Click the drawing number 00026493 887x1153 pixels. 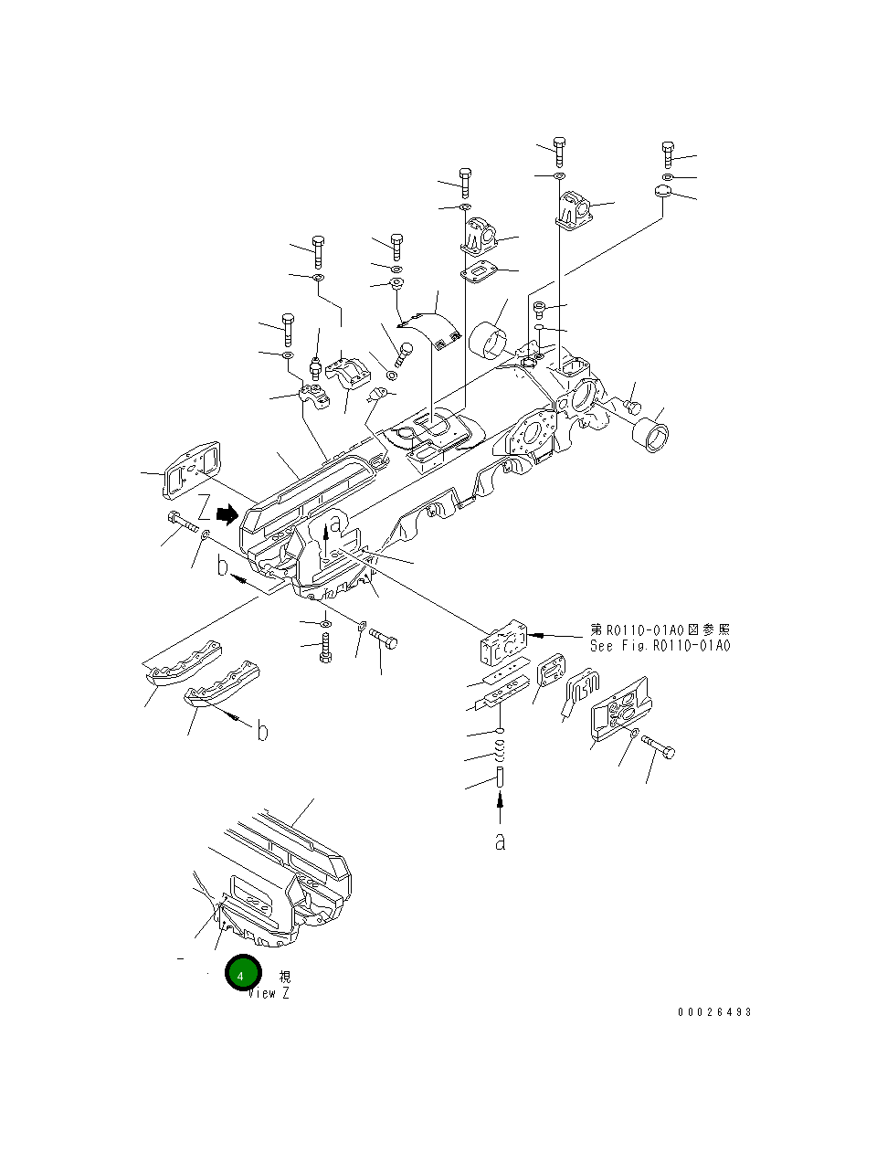tap(714, 1012)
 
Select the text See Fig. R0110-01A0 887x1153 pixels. tap(660, 646)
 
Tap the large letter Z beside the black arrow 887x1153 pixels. tap(206, 508)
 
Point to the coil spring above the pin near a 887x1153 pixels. tap(500, 753)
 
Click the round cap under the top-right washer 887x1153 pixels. tap(664, 192)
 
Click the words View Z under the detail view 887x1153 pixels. tap(269, 993)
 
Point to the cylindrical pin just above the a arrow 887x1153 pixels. tap(500, 779)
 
